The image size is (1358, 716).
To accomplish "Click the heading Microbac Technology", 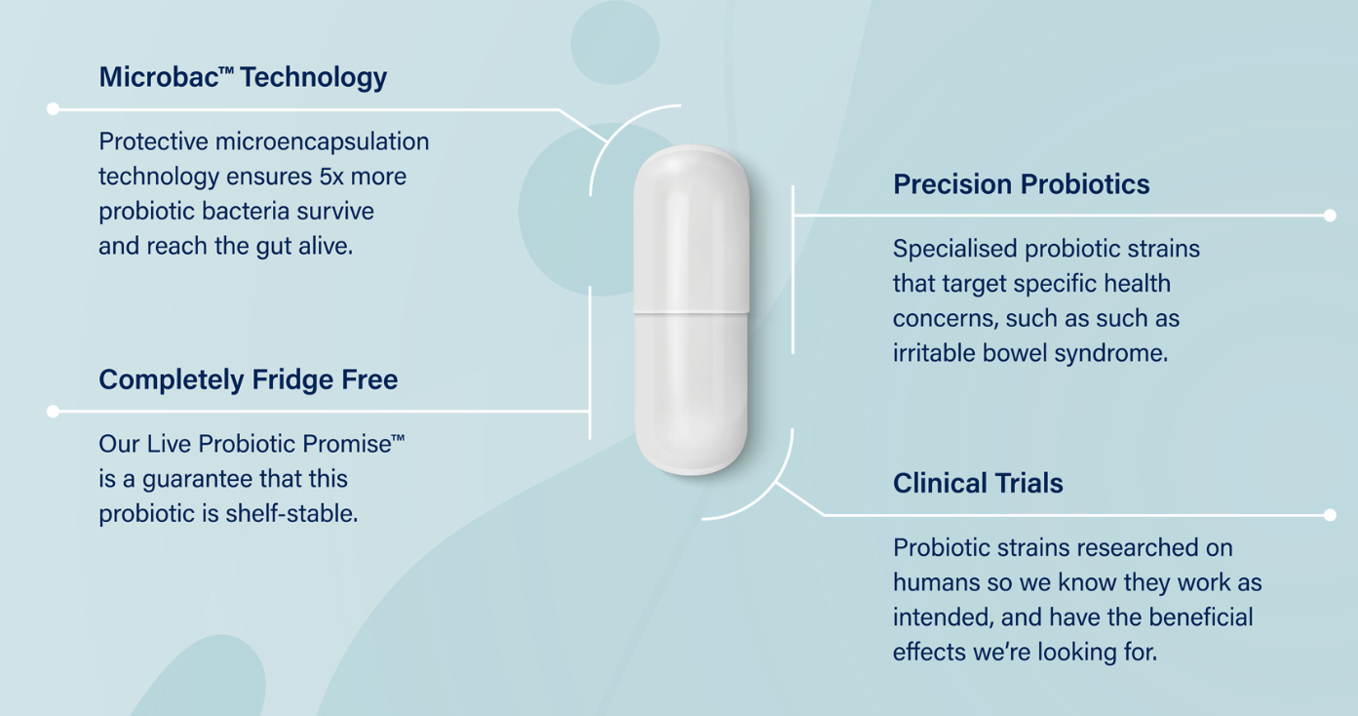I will click(x=243, y=78).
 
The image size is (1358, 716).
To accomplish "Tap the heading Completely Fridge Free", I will click(x=248, y=379).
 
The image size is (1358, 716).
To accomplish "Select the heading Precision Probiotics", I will click(x=1021, y=184).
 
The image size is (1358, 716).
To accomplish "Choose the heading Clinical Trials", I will click(x=978, y=484).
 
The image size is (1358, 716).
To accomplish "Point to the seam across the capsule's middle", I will click(x=691, y=311).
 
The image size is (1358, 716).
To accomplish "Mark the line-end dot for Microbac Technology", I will click(x=54, y=109).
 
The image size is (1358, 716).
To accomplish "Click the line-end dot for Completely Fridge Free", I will click(x=54, y=412).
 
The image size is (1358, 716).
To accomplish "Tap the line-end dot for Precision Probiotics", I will click(x=1330, y=216).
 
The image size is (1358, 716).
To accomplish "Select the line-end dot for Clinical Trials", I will click(x=1330, y=515).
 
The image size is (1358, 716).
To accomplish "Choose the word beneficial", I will click(x=1201, y=618).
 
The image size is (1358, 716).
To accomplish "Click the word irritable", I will click(x=929, y=353).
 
